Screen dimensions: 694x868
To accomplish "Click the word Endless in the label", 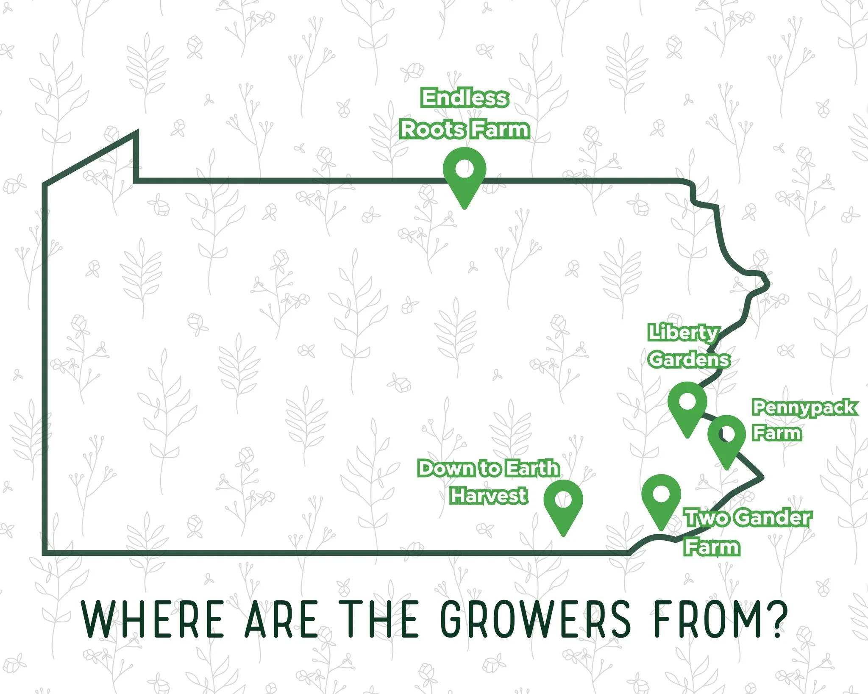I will tap(465, 98).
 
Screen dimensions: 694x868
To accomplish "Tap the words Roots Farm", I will tap(465, 129).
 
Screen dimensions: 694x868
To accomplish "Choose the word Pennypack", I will tap(804, 408).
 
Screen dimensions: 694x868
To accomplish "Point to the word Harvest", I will tap(489, 495).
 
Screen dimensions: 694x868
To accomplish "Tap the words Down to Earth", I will tap(489, 468).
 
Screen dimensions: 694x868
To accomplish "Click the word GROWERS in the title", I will tap(536, 619).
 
